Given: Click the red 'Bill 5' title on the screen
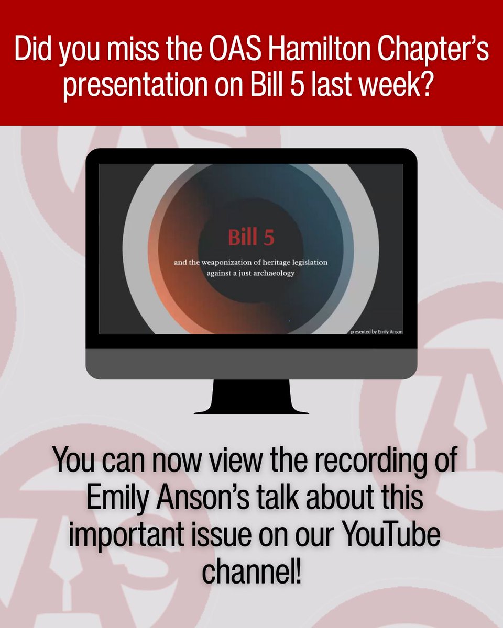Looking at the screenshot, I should tap(251, 238).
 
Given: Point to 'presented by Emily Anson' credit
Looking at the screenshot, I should tap(376, 331).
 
